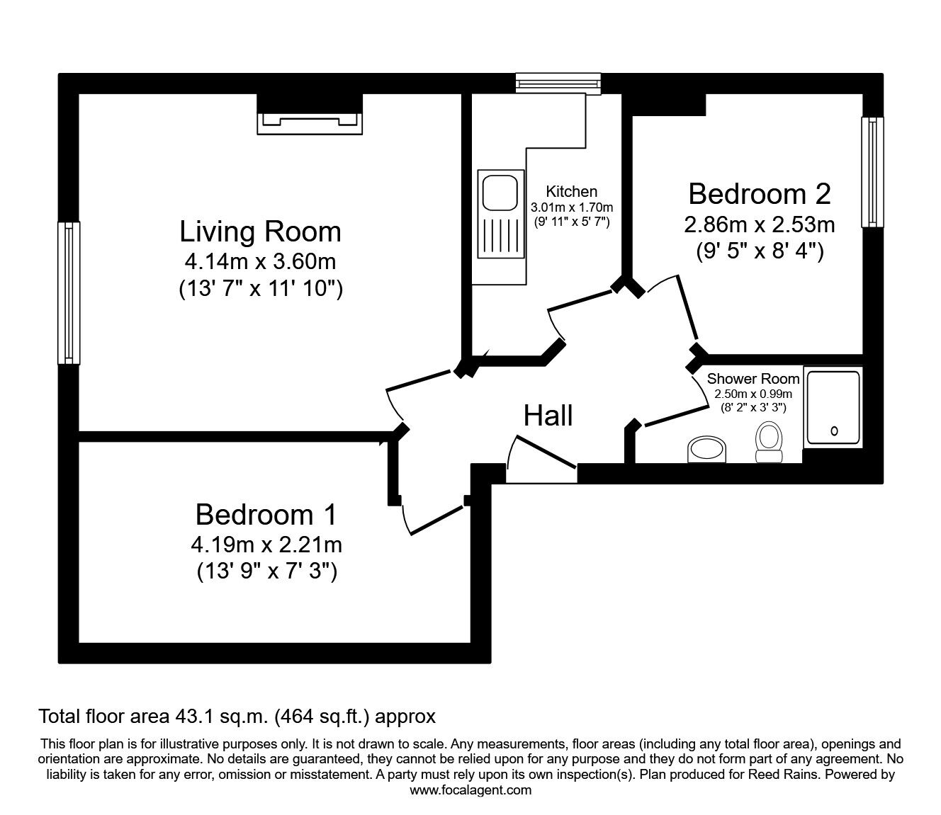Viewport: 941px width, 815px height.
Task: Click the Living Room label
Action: tap(260, 232)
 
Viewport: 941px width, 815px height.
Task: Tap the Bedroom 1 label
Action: tap(266, 515)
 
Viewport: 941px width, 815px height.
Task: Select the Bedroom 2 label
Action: tap(759, 193)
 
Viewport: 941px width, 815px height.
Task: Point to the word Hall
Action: tap(548, 416)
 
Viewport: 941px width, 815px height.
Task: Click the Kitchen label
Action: tap(571, 191)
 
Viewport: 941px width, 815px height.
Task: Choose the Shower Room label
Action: tap(753, 379)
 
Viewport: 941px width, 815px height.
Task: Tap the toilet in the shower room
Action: tap(768, 443)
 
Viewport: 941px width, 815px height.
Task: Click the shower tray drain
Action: tap(833, 430)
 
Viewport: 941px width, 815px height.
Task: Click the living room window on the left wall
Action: tap(69, 292)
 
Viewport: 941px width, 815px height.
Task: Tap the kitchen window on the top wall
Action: tap(558, 84)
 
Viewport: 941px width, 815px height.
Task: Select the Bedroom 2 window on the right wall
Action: tap(872, 171)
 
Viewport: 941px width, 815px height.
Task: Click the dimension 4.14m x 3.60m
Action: tap(260, 261)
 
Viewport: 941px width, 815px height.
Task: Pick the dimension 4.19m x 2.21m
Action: tap(266, 545)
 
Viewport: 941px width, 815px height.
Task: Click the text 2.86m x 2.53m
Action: tap(759, 224)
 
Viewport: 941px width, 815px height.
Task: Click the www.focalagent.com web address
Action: tap(470, 790)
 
